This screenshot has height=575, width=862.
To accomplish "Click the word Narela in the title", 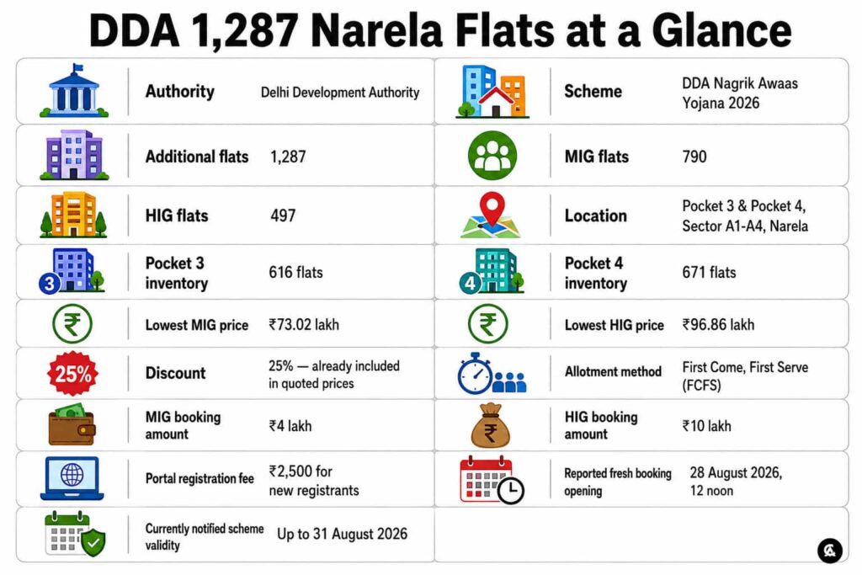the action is click(x=376, y=31).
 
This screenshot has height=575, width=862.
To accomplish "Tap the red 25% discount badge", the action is click(x=73, y=374).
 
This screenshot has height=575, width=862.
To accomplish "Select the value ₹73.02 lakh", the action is click(x=303, y=325).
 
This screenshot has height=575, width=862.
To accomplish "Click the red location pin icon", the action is click(x=492, y=208).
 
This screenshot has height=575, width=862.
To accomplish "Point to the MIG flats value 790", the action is click(x=694, y=157).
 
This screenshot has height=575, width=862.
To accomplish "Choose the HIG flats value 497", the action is click(x=283, y=216).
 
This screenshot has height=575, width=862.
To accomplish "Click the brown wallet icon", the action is click(x=72, y=425).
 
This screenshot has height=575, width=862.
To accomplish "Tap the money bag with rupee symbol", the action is click(x=491, y=425).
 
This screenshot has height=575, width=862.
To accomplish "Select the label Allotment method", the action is click(x=613, y=372).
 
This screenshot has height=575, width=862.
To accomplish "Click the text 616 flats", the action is click(x=295, y=273).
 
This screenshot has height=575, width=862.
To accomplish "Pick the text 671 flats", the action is click(x=709, y=273).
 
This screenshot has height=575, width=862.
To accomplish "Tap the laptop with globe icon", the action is click(x=72, y=478).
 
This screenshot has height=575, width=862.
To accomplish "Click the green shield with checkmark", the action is click(x=93, y=542).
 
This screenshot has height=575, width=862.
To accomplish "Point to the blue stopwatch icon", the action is click(x=475, y=374).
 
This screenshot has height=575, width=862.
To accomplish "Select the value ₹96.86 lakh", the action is click(x=718, y=325).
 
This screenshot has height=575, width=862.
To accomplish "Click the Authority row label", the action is click(x=180, y=91).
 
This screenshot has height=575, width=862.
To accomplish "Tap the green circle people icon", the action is click(x=492, y=156).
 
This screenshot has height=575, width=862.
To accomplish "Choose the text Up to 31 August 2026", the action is click(x=342, y=535).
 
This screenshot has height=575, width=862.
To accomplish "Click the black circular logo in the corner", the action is click(x=829, y=550).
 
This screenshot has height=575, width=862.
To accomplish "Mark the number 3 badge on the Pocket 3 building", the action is click(x=50, y=284).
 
